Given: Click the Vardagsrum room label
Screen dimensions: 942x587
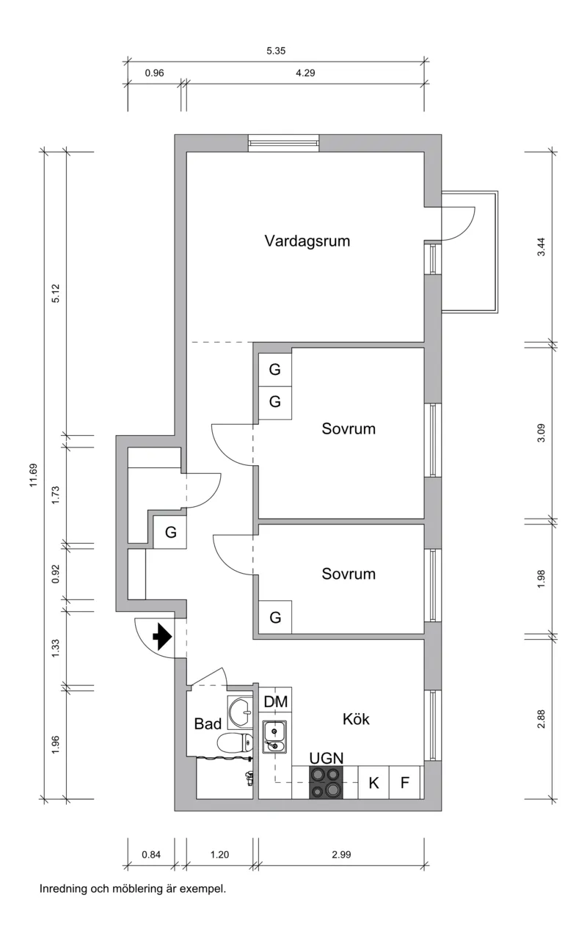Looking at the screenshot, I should (307, 241).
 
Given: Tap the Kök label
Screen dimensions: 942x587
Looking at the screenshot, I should (356, 720).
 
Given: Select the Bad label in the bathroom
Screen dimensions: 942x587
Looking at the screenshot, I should (208, 724).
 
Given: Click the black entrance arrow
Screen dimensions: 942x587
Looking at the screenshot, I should (161, 636).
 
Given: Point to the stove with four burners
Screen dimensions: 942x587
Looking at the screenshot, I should (326, 782).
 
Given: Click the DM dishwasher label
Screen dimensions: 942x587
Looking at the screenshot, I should (276, 702).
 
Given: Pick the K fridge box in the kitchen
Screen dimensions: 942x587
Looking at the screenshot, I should (373, 783).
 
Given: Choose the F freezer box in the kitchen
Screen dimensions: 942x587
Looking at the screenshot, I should (404, 783).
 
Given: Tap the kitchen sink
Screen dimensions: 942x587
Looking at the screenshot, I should (275, 737).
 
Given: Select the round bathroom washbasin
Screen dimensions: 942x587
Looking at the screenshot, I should (240, 710).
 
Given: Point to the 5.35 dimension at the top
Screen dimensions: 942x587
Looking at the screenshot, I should (276, 51).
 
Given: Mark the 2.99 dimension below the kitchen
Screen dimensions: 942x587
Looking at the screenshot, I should (342, 854).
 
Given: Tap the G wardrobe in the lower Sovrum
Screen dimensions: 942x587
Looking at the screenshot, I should (275, 618).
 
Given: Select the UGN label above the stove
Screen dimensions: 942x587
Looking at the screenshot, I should (327, 758).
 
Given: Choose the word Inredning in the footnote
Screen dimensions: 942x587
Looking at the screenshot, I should (63, 889).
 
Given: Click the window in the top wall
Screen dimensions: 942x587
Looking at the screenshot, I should (283, 143).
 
